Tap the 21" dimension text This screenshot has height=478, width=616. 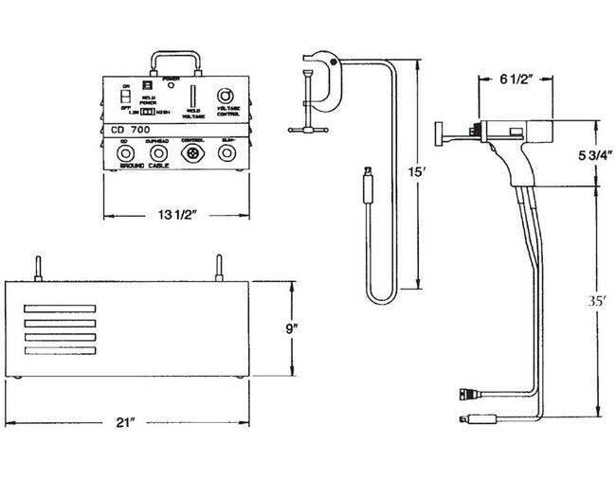click(x=138, y=422)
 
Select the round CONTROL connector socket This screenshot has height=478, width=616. click(x=193, y=152)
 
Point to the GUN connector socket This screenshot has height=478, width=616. click(x=227, y=152)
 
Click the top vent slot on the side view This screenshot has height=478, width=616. click(x=62, y=308)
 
